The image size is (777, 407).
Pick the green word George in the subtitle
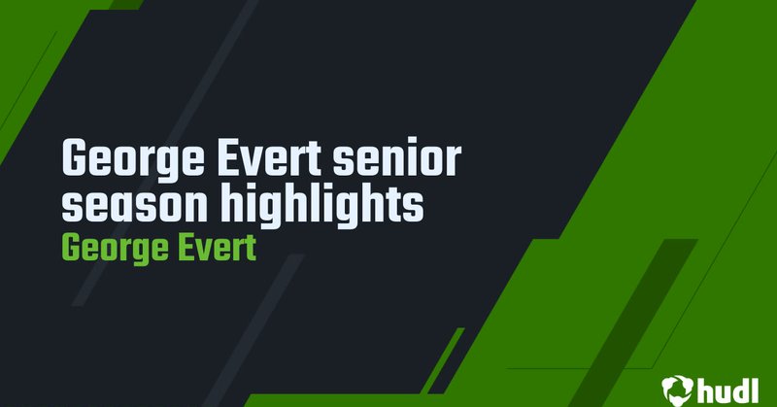[106, 248]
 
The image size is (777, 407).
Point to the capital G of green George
[70, 248]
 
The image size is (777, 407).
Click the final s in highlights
[415, 208]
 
